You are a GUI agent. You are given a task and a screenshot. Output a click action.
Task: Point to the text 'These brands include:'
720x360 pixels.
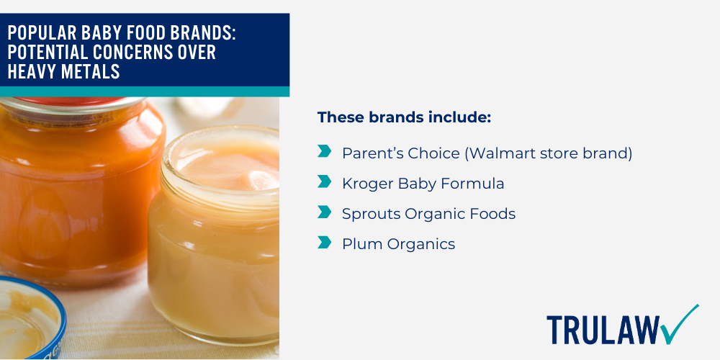pos(404,117)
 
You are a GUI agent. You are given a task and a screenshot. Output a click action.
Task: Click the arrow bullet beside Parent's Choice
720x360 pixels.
pos(325,152)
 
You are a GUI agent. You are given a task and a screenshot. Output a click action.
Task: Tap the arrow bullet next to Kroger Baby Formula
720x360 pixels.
pos(325,182)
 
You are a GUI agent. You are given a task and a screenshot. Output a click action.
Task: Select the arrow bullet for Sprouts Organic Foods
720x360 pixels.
pos(325,212)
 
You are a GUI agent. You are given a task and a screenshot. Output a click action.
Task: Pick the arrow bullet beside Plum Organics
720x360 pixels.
pos(325,243)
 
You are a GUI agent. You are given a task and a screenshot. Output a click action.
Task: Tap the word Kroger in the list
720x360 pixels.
pos(367,184)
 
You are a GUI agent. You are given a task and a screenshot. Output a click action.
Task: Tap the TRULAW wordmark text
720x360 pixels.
pos(602,330)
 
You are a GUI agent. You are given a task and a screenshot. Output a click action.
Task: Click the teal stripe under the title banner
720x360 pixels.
pos(144,91)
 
